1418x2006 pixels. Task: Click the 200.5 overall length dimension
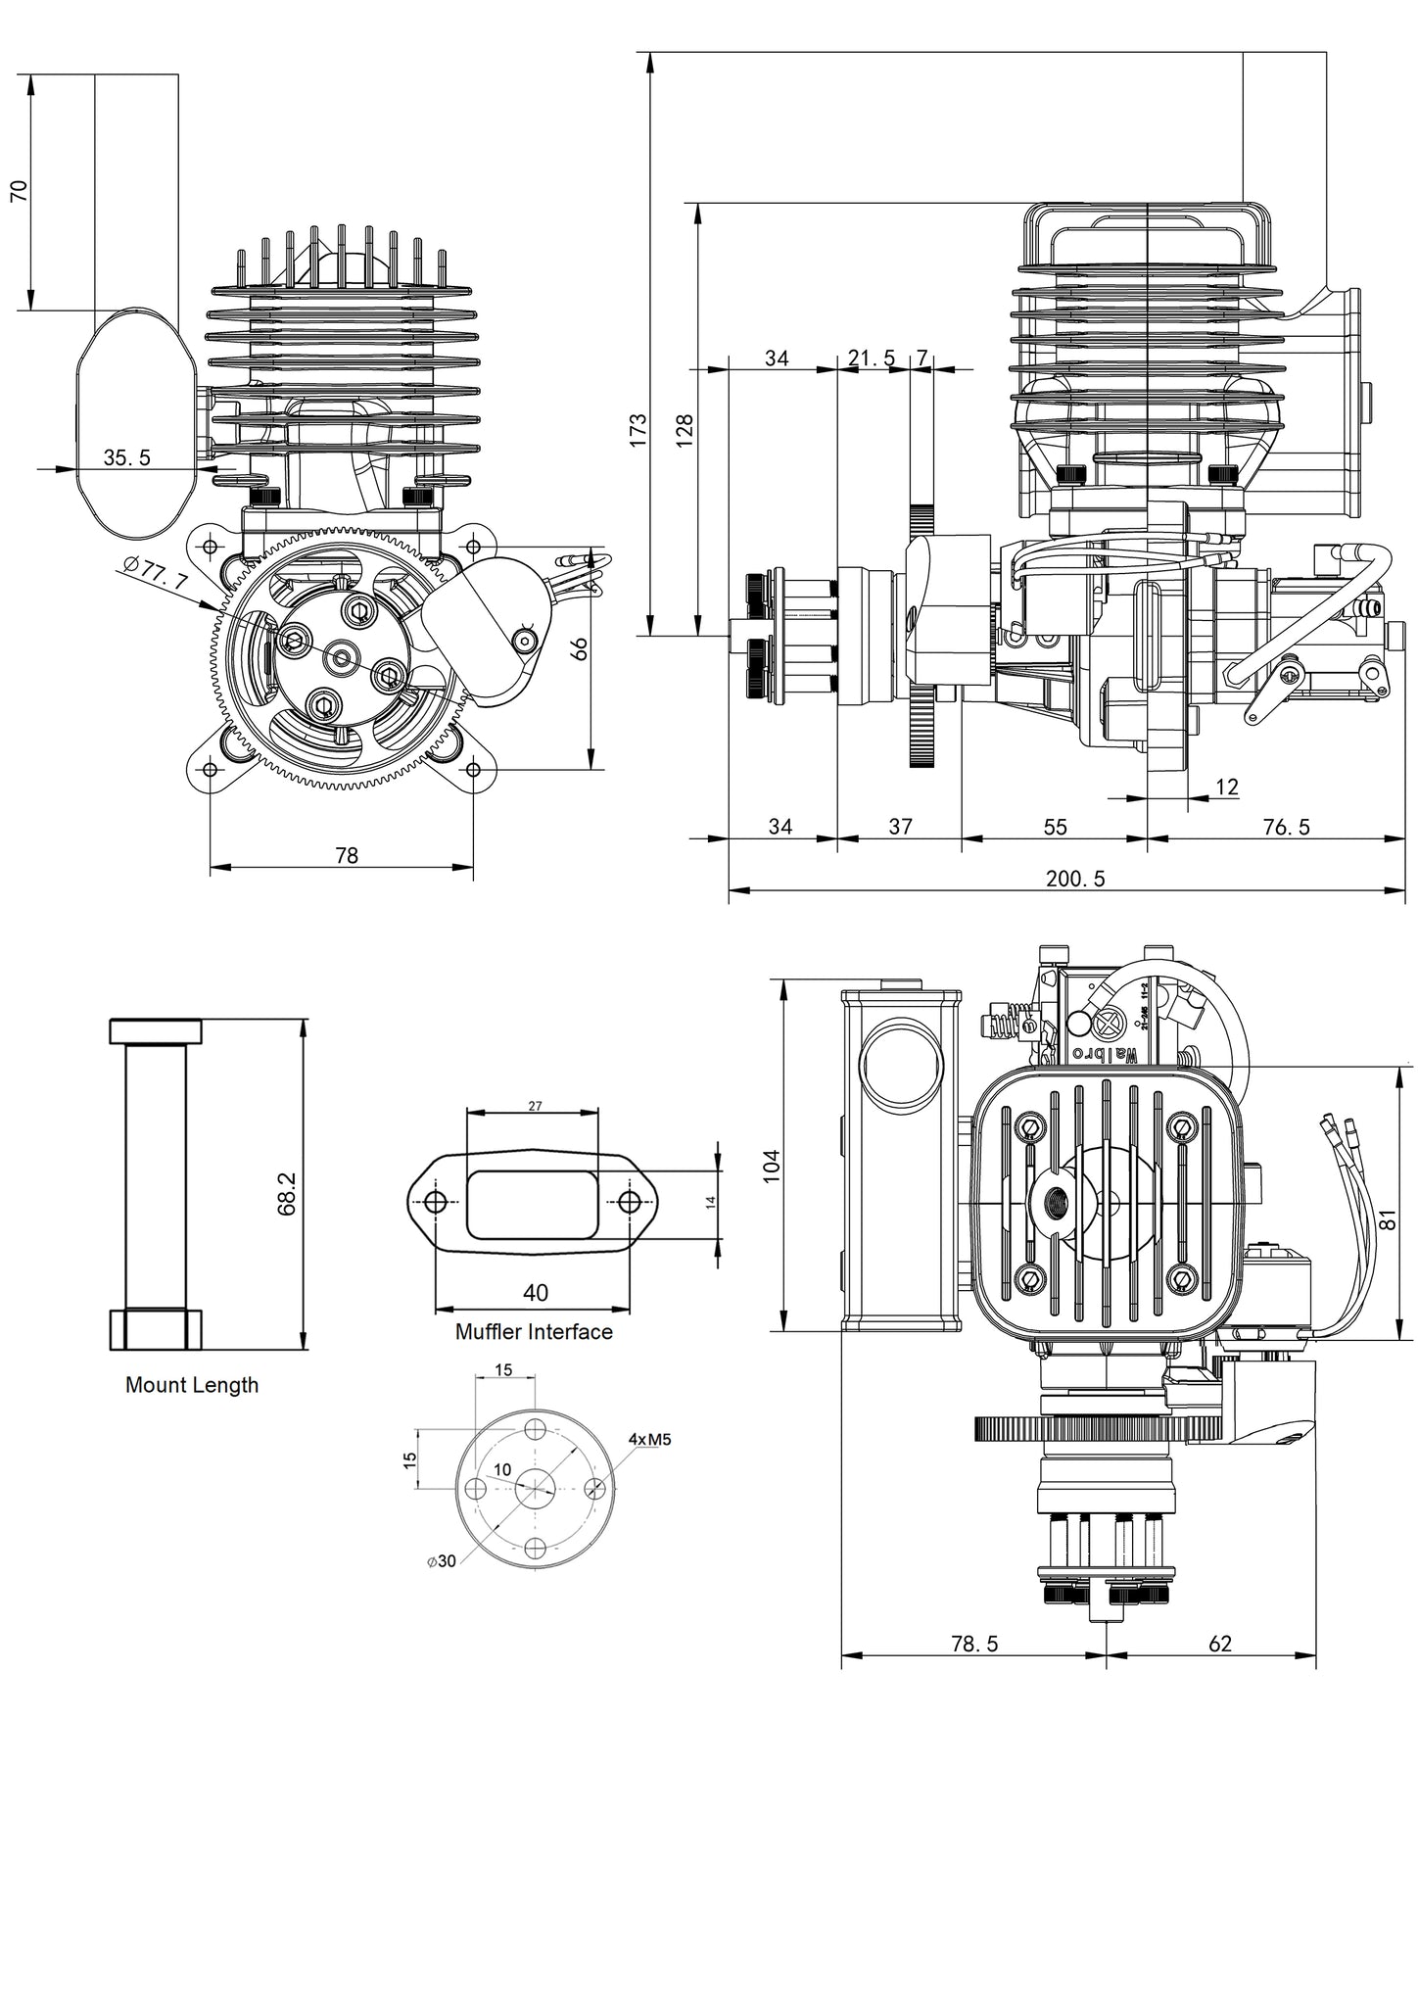click(x=1075, y=879)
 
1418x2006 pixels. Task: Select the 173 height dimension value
click(x=638, y=430)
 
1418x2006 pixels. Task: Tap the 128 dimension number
click(x=685, y=430)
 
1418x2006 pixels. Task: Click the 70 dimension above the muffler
click(x=19, y=190)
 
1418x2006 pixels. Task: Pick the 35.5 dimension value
click(x=126, y=457)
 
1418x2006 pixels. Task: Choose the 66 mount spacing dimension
click(x=580, y=648)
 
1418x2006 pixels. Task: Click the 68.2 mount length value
click(x=287, y=1194)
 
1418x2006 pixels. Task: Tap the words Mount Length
click(x=192, y=1385)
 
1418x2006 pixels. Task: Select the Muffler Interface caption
click(x=534, y=1332)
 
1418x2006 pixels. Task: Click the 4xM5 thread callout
click(x=649, y=1439)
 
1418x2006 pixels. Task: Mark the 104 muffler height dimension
click(x=771, y=1166)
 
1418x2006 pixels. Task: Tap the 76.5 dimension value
click(x=1286, y=828)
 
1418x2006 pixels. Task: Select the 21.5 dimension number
click(x=872, y=358)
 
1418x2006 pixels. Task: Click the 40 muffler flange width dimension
click(x=535, y=1293)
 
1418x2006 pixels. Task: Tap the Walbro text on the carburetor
click(x=1105, y=1054)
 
